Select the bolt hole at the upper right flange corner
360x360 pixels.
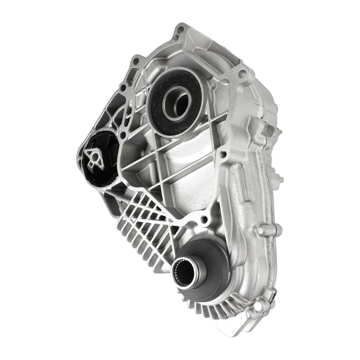pos(242,72)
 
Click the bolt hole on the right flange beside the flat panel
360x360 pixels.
pos(223,154)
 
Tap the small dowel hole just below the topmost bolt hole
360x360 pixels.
pos(175,37)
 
